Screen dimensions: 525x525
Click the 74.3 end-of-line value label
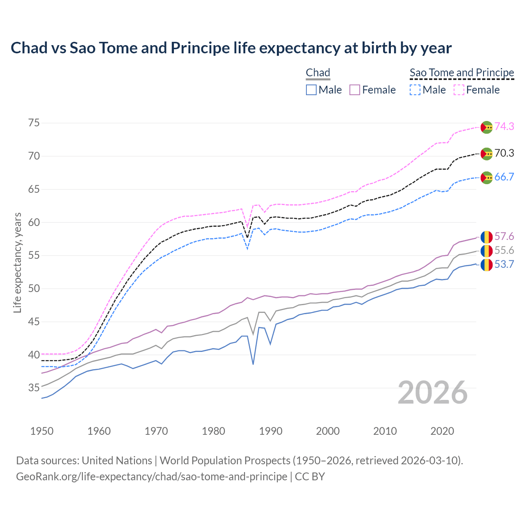[504, 127]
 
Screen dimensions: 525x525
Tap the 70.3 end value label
[504, 153]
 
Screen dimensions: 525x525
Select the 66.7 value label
[504, 177]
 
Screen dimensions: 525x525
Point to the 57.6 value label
[504, 237]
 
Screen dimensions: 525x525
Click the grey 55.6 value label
[504, 251]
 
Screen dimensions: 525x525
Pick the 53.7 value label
[504, 265]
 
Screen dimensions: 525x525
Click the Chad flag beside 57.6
[486, 237]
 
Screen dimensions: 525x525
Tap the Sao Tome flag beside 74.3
[486, 127]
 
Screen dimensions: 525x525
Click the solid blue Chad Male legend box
[311, 90]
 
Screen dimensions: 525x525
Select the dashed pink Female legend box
[459, 90]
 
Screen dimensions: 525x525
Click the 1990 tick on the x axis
[271, 431]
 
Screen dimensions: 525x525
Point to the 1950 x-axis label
[42, 431]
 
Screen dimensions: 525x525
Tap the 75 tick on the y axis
[34, 123]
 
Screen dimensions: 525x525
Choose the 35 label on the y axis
[34, 388]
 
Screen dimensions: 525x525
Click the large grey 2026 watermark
[433, 393]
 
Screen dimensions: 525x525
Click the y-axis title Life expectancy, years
[18, 262]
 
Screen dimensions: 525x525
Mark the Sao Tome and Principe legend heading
[462, 73]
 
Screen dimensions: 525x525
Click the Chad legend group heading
[318, 73]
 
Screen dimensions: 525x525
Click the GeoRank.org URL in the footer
[151, 477]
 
